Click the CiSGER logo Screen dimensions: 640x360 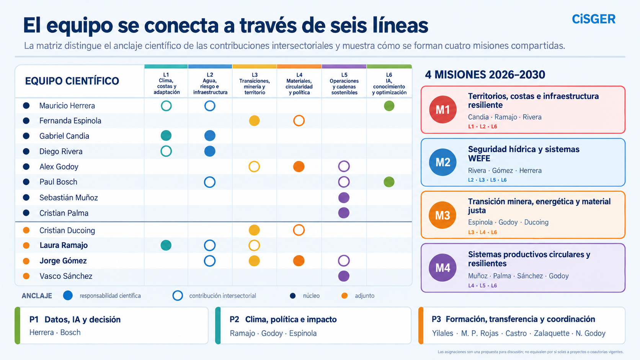pyautogui.click(x=593, y=19)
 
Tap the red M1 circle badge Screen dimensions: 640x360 pyautogui.click(x=442, y=109)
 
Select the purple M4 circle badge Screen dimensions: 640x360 pyautogui.click(x=442, y=267)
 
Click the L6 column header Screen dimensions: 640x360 pyautogui.click(x=389, y=83)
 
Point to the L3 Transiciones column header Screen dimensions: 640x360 pyautogui.click(x=255, y=83)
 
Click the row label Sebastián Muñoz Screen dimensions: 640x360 pyautogui.click(x=69, y=197)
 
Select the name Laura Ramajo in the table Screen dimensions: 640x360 pyautogui.click(x=64, y=245)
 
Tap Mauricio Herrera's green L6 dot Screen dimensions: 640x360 pyautogui.click(x=389, y=106)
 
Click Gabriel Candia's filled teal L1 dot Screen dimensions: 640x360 pyautogui.click(x=166, y=135)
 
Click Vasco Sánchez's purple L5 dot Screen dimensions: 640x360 pyautogui.click(x=344, y=276)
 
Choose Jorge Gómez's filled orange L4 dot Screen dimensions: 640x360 pyautogui.click(x=299, y=261)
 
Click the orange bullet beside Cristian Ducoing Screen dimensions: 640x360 pyautogui.click(x=26, y=230)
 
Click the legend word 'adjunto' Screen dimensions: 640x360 pyautogui.click(x=364, y=296)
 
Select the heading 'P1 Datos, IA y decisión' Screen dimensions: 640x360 pyautogui.click(x=75, y=319)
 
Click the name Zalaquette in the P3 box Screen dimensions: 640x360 pyautogui.click(x=552, y=333)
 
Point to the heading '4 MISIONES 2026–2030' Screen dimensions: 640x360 pyautogui.click(x=485, y=75)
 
